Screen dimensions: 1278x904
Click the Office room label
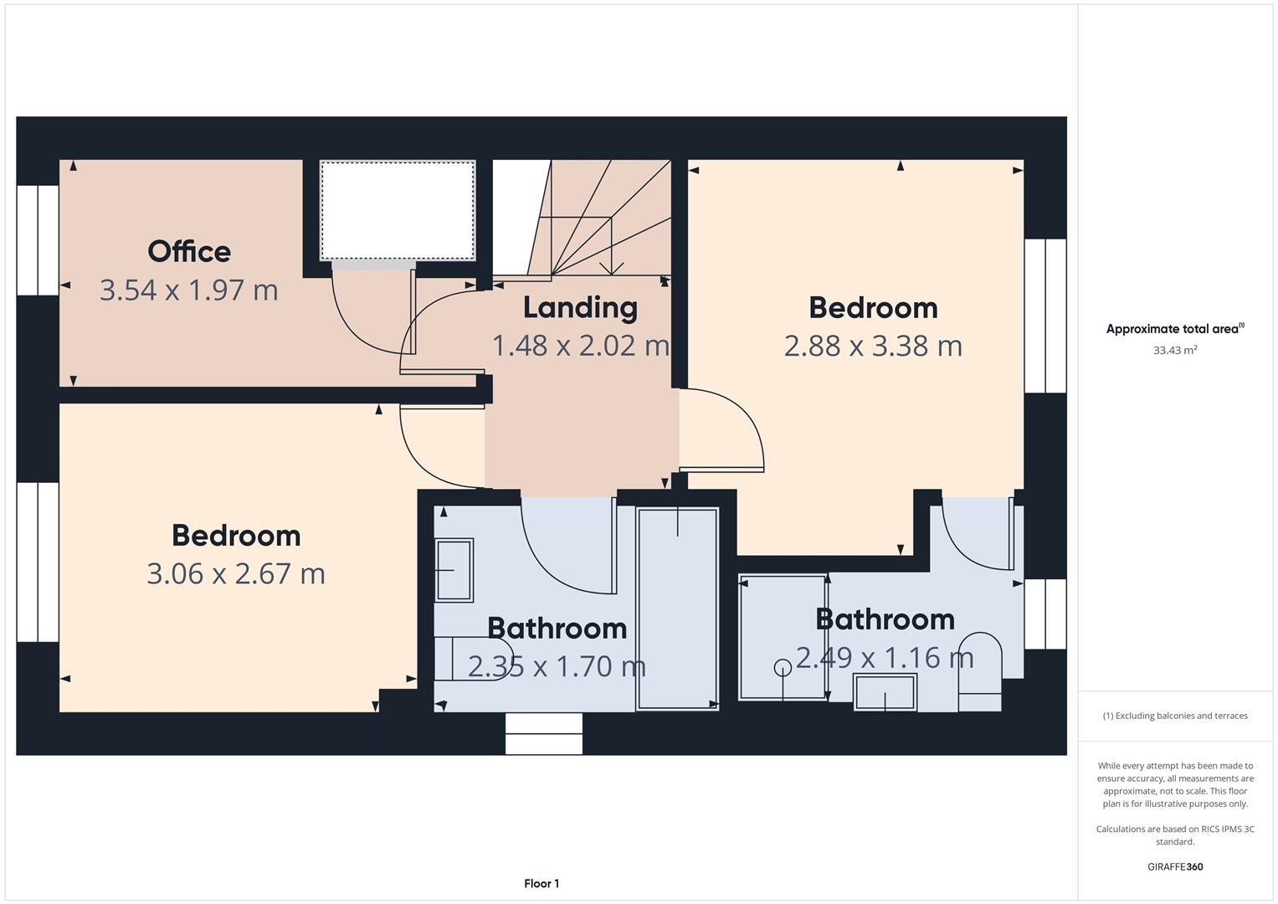(189, 252)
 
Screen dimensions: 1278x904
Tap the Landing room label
(580, 308)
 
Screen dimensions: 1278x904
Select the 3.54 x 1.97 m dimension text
(189, 290)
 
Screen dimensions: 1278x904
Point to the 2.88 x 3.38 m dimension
(873, 346)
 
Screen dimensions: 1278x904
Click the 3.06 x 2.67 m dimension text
(236, 573)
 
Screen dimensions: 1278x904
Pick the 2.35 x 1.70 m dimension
(557, 666)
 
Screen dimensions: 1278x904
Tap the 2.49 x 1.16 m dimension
(885, 657)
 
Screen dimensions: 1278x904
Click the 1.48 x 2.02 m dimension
(580, 346)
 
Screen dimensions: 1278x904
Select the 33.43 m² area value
(1175, 350)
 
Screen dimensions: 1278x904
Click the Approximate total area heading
(1175, 329)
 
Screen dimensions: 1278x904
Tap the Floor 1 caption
(541, 883)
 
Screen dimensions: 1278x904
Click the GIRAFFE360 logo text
(1175, 866)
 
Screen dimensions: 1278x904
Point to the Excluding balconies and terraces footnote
(1175, 716)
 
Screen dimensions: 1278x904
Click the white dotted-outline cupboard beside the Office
(398, 211)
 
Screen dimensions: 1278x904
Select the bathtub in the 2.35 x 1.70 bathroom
(677, 609)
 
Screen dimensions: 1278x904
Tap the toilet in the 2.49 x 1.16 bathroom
(979, 671)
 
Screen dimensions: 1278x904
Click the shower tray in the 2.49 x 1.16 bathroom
(783, 638)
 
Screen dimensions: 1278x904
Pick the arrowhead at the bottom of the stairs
(611, 268)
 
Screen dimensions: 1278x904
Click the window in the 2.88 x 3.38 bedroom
(1045, 316)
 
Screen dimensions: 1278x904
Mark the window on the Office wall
(38, 240)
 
